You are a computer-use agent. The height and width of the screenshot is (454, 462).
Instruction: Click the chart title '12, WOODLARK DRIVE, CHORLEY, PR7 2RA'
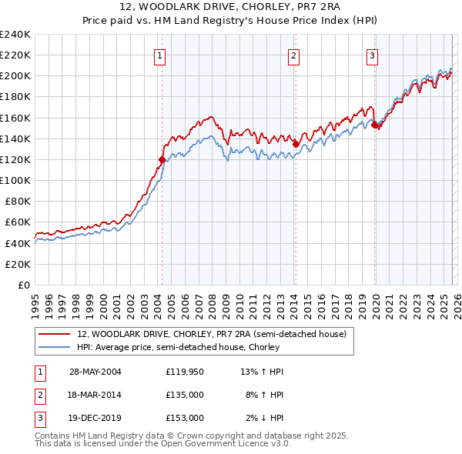point(231,8)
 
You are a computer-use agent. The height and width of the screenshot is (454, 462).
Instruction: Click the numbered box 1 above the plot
point(159,55)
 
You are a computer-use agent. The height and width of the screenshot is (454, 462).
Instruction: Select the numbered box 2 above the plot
point(294,55)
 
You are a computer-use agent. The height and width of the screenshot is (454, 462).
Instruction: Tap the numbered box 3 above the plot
point(372,55)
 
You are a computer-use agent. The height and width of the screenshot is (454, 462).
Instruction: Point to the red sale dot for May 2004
point(162,159)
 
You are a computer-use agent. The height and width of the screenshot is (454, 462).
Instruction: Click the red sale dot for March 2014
point(296,143)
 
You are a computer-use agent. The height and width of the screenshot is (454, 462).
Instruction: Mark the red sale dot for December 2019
point(374,125)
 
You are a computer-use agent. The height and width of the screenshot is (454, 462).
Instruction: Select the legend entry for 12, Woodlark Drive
point(212,334)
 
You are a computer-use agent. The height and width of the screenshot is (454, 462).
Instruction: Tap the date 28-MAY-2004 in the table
point(95,372)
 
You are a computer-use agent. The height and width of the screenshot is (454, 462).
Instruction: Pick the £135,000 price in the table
point(184,395)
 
